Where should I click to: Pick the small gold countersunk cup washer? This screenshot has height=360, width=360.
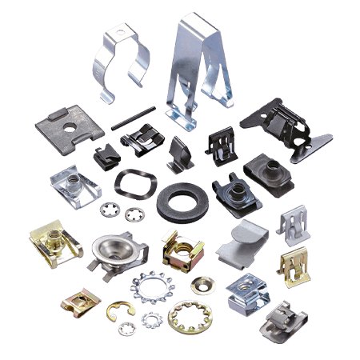200,283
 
